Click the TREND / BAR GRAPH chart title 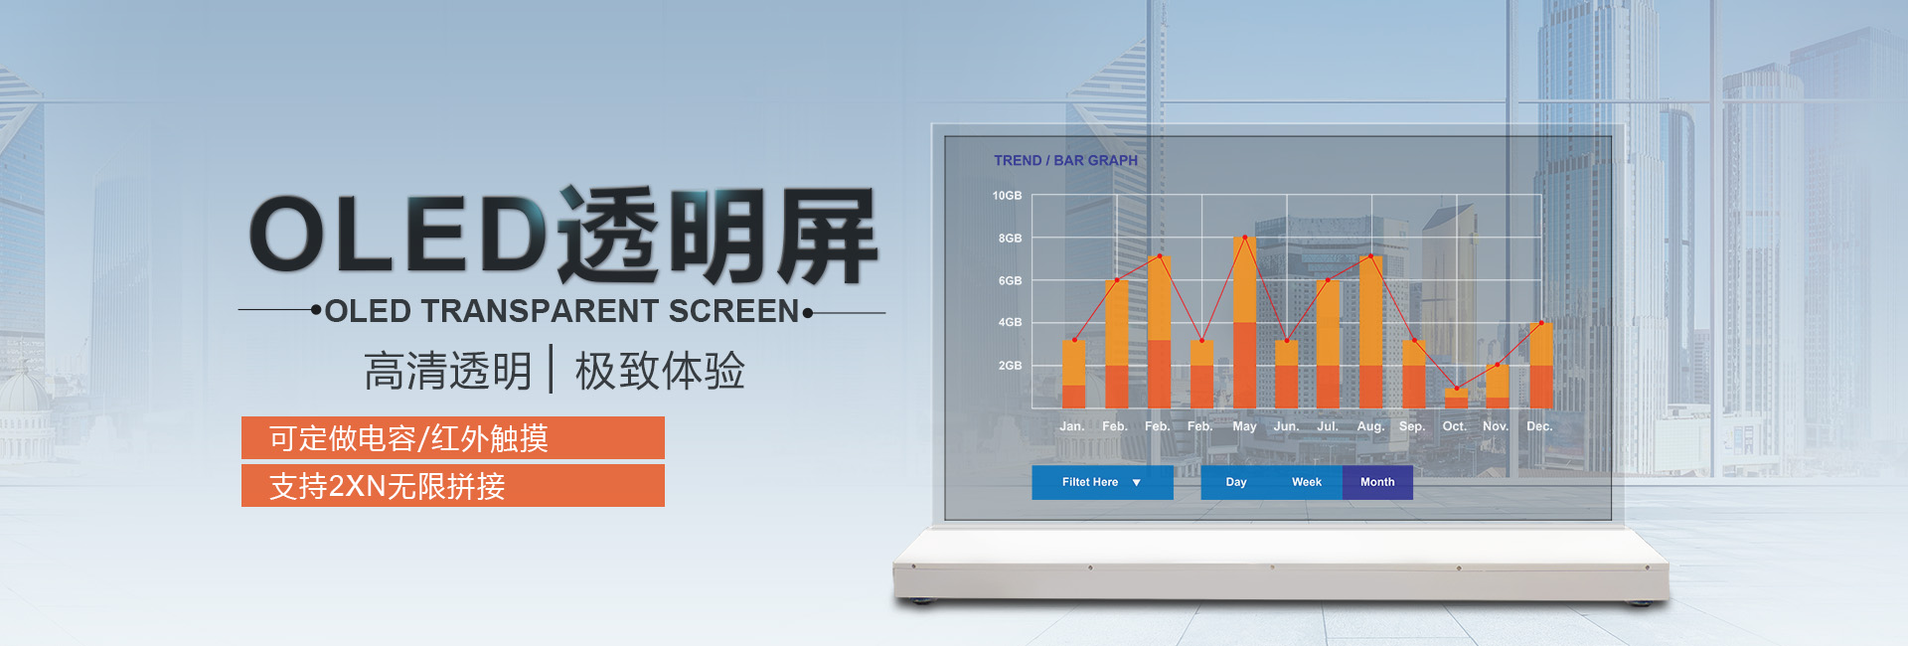pos(1065,160)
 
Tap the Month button pos(1377,482)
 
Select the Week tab pos(1307,482)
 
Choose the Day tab pos(1236,482)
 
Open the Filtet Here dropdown pos(1102,482)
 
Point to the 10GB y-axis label pos(1007,196)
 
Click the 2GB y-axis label pos(1010,366)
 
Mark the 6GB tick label pos(1010,281)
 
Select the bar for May pos(1244,322)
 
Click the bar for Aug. pos(1370,332)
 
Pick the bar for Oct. pos(1456,398)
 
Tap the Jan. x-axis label pos(1071,426)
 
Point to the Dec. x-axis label pos(1539,426)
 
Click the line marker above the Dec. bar pos(1541,323)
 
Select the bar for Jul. pos(1328,344)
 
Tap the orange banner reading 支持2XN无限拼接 pos(453,486)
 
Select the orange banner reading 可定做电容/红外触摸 pos(453,438)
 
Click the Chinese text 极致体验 pos(660,371)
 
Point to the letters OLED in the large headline pos(397,234)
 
